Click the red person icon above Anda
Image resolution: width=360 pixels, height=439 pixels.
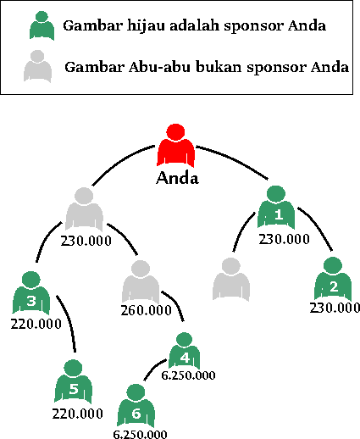coord(175,146)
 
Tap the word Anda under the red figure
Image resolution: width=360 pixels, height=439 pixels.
coord(177,178)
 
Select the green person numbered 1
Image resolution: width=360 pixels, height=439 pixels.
coord(276,207)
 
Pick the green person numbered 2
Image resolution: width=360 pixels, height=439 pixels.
coord(333,279)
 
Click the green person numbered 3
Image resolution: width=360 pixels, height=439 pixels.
coord(31,293)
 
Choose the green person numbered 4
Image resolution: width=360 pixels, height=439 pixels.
coord(185,351)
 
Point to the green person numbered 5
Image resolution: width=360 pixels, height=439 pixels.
coord(73,381)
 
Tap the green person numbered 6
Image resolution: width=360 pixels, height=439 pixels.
coord(136,406)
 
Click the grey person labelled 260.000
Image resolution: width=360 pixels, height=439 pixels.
coord(141,282)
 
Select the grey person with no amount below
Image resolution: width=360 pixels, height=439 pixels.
coord(231,280)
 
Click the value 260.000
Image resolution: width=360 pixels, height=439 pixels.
coord(147,311)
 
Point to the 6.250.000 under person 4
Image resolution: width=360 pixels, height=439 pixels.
coord(188,375)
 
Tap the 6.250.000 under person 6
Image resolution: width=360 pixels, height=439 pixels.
coord(140,434)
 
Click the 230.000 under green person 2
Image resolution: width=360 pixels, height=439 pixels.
coord(335,308)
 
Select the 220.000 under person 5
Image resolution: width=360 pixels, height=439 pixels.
coord(77,414)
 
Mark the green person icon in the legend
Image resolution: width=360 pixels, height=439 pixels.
coord(42,25)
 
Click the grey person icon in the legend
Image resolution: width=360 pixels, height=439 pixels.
coord(37,66)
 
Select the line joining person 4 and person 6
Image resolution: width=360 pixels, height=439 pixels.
coord(154,369)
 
